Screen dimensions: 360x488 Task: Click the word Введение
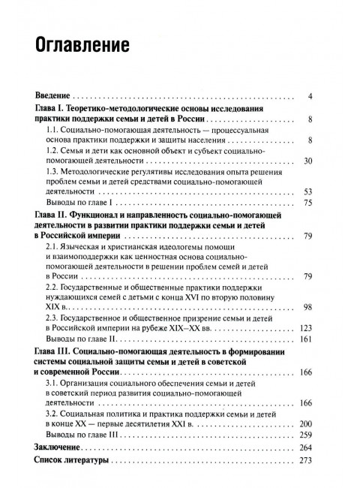pyautogui.click(x=51, y=97)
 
